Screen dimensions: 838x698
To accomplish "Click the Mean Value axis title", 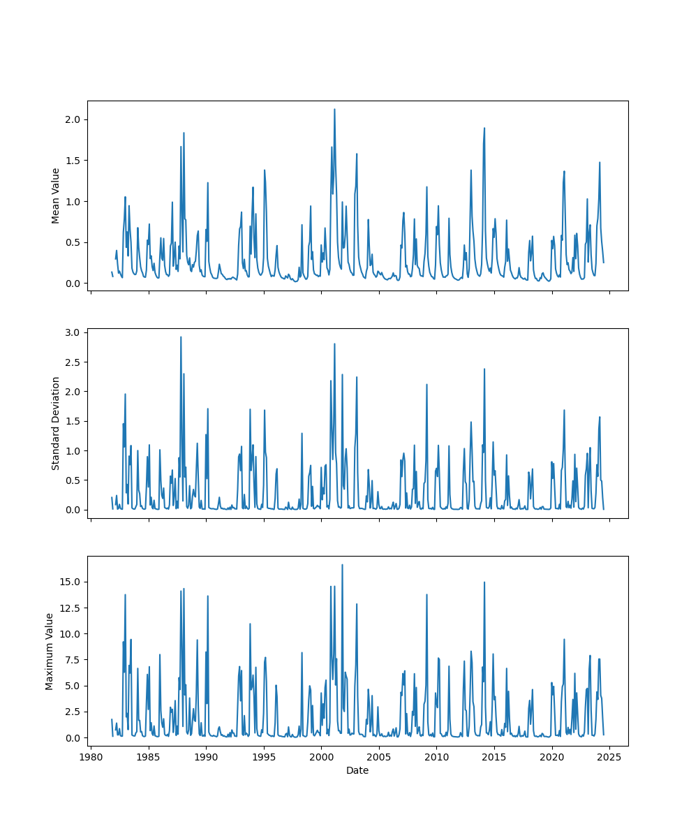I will tap(56, 196).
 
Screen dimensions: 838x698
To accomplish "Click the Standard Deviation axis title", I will tap(56, 423).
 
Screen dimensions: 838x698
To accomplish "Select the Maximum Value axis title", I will tap(50, 651).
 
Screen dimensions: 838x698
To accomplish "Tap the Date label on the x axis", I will tap(357, 770).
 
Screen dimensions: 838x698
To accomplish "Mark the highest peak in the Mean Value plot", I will tap(334, 110).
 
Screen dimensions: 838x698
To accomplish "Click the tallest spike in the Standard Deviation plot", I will tap(181, 337).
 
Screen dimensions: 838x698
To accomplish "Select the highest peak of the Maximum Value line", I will tap(342, 565).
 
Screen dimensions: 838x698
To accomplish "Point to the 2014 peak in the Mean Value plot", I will tap(484, 128).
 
